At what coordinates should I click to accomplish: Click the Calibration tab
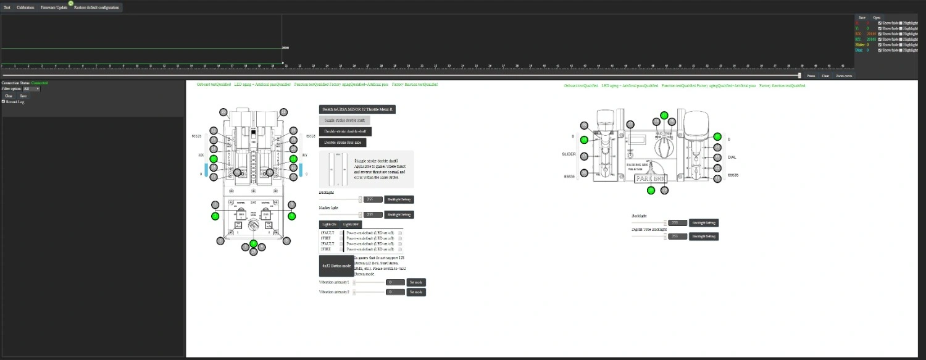click(x=25, y=7)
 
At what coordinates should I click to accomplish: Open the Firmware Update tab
click(x=54, y=7)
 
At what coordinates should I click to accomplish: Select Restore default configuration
click(x=96, y=7)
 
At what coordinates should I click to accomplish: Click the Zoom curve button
click(x=844, y=75)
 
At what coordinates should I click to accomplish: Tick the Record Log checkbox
click(x=4, y=102)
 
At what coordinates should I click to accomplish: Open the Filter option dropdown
click(x=31, y=89)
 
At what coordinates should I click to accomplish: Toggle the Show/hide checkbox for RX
click(x=880, y=34)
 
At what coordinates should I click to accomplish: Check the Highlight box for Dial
click(x=900, y=51)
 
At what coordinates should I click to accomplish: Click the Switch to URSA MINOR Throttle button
click(x=357, y=109)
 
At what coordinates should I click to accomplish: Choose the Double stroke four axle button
click(x=343, y=143)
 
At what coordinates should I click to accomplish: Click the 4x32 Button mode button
click(x=336, y=266)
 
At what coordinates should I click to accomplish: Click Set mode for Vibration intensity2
click(x=416, y=291)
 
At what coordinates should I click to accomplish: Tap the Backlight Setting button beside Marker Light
click(x=399, y=215)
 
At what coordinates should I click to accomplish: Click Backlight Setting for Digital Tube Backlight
click(x=704, y=236)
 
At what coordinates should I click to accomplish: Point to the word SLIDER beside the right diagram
click(x=569, y=157)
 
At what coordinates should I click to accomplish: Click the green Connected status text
click(x=40, y=83)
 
